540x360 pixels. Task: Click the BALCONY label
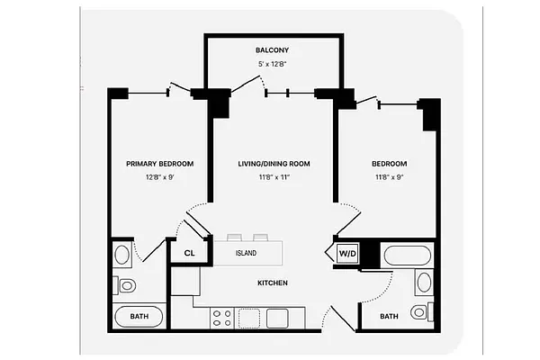click(x=273, y=49)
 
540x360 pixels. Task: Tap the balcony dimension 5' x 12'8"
click(x=273, y=64)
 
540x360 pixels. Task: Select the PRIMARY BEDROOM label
click(x=160, y=163)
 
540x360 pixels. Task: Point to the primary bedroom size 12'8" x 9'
click(x=160, y=177)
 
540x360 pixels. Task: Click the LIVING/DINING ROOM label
click(x=274, y=163)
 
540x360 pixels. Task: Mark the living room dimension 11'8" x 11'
click(x=274, y=177)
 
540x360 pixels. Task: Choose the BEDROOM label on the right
click(x=389, y=163)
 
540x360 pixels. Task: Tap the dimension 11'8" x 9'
click(x=389, y=177)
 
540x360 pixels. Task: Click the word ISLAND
click(x=247, y=253)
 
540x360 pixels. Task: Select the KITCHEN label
click(x=273, y=283)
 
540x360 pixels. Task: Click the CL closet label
click(x=189, y=253)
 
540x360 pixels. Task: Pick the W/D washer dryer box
click(x=347, y=254)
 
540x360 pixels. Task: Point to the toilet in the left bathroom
click(x=126, y=286)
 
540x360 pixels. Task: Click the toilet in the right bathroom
click(x=419, y=312)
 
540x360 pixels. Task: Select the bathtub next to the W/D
click(x=409, y=255)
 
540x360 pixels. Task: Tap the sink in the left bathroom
click(x=122, y=255)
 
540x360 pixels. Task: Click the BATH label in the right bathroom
click(x=389, y=316)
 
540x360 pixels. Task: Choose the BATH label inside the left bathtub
click(x=139, y=316)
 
